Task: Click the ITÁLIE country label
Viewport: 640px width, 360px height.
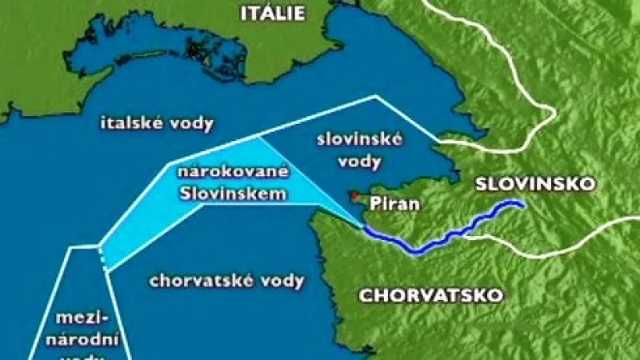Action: [274, 12]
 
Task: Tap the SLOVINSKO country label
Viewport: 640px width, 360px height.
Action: [535, 183]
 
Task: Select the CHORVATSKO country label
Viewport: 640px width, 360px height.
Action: [431, 295]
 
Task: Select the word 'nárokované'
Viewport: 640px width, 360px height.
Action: [233, 172]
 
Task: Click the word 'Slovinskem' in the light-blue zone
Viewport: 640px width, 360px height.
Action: [233, 192]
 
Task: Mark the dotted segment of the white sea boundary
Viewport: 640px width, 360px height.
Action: [102, 256]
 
